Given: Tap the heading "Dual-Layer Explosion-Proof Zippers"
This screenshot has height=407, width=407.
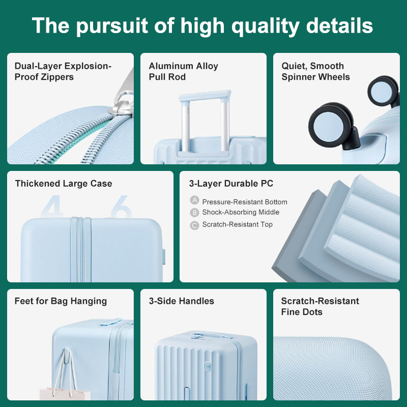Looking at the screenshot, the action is tap(63, 72).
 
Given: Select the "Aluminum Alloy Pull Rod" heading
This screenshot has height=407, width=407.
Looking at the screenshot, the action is tap(183, 72).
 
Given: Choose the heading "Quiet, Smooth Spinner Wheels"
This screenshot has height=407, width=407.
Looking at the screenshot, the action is tap(315, 72).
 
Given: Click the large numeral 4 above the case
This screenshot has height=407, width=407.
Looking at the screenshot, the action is tap(53, 206).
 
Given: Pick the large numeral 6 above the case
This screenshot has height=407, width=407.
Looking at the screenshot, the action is tap(122, 206).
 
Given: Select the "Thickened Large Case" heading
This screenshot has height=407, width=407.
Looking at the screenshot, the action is tap(64, 184).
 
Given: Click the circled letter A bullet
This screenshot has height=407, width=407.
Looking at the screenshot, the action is tap(194, 201).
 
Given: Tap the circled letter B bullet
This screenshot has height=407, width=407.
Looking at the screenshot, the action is tap(194, 213).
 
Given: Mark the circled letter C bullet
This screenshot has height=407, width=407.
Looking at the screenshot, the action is tap(194, 225).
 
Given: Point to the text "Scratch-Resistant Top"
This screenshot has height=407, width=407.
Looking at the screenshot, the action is tap(237, 225).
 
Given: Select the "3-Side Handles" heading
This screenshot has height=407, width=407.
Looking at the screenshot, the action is tap(182, 301).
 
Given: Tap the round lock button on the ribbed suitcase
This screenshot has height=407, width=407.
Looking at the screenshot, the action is tap(208, 365).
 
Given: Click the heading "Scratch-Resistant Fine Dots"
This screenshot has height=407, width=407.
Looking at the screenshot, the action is tap(320, 306).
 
